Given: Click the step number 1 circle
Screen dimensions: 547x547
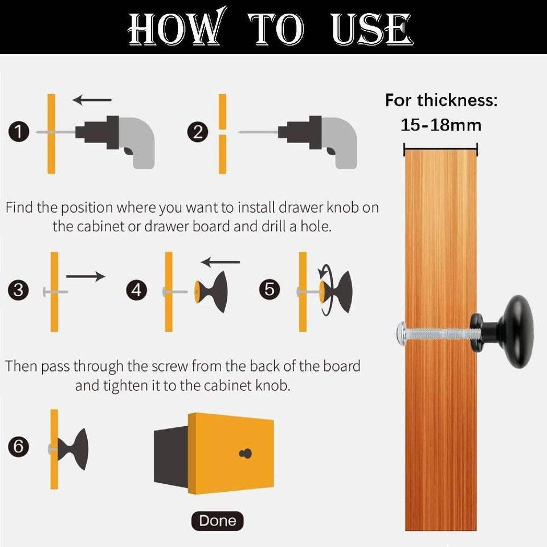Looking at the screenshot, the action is pos(18,132).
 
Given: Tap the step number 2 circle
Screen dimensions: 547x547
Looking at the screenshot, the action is pos(198,133).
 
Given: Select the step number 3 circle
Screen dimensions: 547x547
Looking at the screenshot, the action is pos(18,290).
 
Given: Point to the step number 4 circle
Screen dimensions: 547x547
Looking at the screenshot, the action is pos(136,290).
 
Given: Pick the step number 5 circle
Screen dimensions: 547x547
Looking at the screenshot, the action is pos(270,289).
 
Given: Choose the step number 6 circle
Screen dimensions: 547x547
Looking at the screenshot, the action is pos(18,447).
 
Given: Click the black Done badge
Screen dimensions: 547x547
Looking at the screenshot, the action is pos(217,521).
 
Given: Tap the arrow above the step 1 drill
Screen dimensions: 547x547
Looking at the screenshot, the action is pos(92,100).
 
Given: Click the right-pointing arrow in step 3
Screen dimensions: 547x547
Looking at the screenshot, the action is pos(85,276).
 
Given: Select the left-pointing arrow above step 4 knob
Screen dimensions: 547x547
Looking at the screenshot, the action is pos(221,262).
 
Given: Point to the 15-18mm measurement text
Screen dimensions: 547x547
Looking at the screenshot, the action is pos(441,125).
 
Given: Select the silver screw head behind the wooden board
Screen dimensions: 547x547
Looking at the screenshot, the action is pos(401,334).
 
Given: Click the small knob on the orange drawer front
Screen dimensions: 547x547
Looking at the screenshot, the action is pos(246,454).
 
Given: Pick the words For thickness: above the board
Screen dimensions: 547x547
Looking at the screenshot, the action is pos(441,100).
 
